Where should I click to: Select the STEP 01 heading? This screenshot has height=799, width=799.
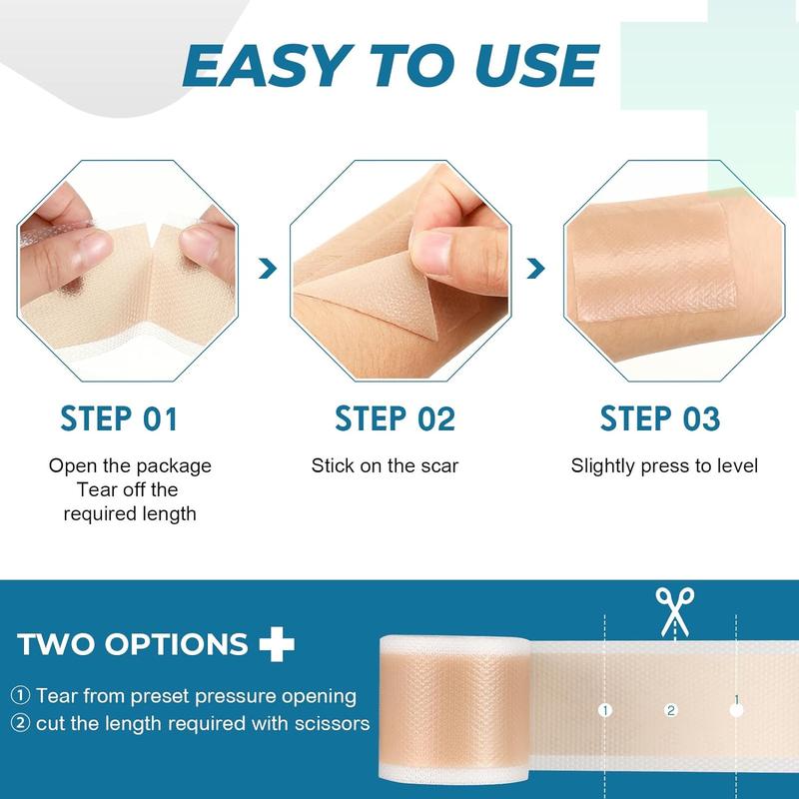pos(119,418)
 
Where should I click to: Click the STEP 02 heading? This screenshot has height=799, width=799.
pos(396,418)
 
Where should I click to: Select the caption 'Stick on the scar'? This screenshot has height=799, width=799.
pos(385,465)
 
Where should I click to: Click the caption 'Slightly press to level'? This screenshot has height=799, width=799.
pos(664,465)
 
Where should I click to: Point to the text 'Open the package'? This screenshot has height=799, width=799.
pos(131,465)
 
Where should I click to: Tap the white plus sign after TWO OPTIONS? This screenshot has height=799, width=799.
pos(277,643)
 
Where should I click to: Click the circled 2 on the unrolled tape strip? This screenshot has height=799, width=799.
pos(671,710)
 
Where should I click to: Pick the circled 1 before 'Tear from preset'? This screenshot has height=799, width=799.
pos(21,695)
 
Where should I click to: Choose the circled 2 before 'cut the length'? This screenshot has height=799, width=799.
pos(21,722)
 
